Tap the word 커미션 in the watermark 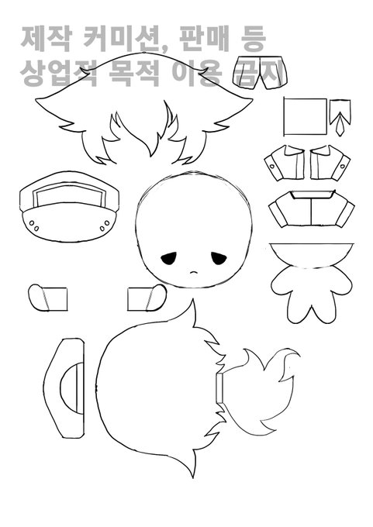[121, 40]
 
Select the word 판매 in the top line [204, 39]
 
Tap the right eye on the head [219, 258]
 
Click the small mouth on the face [193, 272]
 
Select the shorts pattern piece [260, 73]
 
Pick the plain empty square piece [305, 116]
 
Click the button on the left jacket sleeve [271, 165]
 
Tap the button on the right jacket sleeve [343, 166]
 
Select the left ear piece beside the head [47, 298]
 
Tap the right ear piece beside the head [147, 298]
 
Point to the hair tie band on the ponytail [220, 387]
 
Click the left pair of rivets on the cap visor [34, 226]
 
